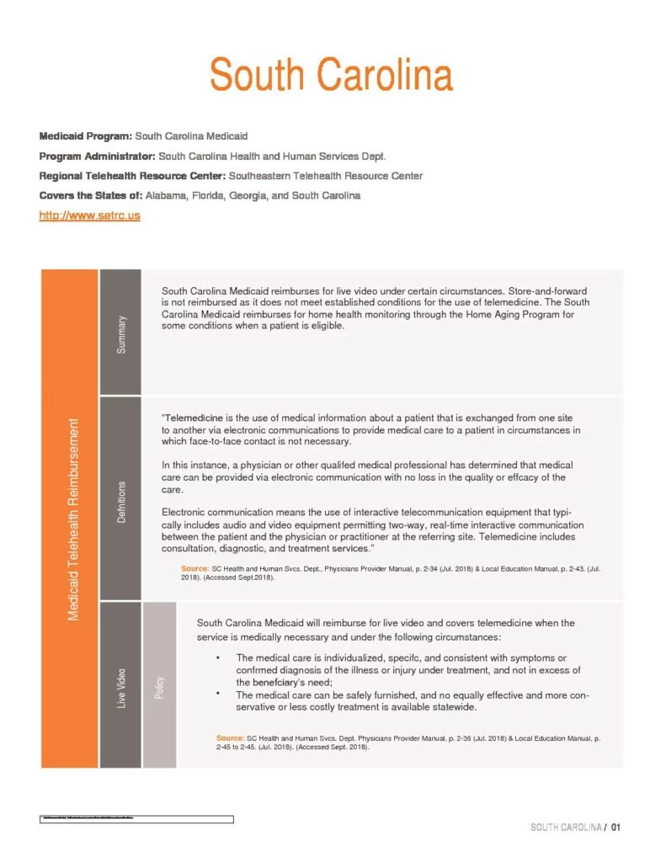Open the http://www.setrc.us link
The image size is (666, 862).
click(89, 215)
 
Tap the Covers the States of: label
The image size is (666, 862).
click(91, 195)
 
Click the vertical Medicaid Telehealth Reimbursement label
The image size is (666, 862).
click(73, 519)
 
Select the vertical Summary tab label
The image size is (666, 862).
click(121, 333)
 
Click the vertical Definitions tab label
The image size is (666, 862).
click(121, 503)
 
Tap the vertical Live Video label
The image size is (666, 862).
click(121, 687)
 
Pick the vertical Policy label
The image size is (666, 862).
click(159, 687)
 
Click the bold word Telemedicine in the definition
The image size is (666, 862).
click(199, 418)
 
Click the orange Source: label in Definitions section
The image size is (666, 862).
click(195, 570)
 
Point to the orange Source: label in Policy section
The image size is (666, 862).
click(231, 738)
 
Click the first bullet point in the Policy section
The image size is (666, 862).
click(219, 657)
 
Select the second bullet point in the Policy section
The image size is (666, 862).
click(219, 694)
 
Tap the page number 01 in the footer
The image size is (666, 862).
click(616, 827)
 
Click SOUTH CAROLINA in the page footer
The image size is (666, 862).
click(566, 827)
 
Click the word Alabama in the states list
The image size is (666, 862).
click(165, 195)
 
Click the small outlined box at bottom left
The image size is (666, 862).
click(136, 818)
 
